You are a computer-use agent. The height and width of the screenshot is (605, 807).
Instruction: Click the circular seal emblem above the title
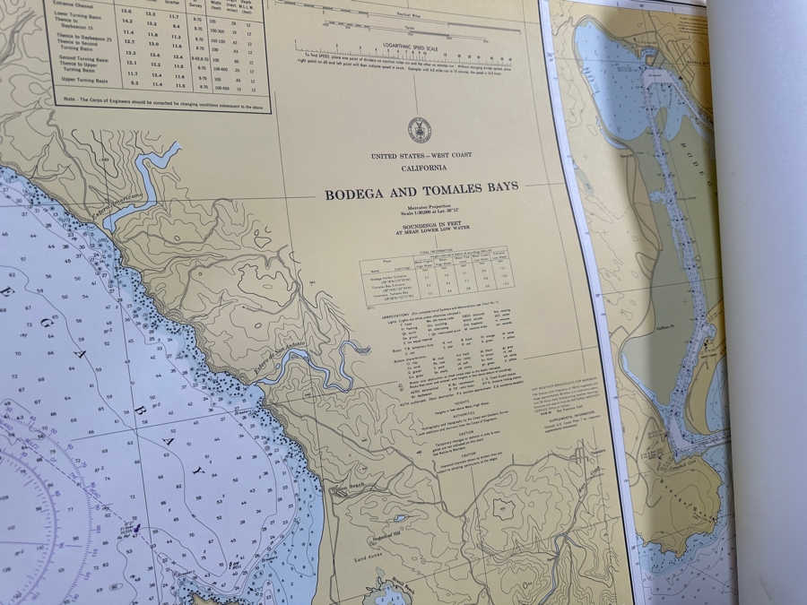point(419,130)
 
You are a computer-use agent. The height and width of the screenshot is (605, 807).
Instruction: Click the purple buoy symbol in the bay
point(135,528)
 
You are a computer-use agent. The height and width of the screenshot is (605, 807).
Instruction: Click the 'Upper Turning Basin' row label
point(83,81)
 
